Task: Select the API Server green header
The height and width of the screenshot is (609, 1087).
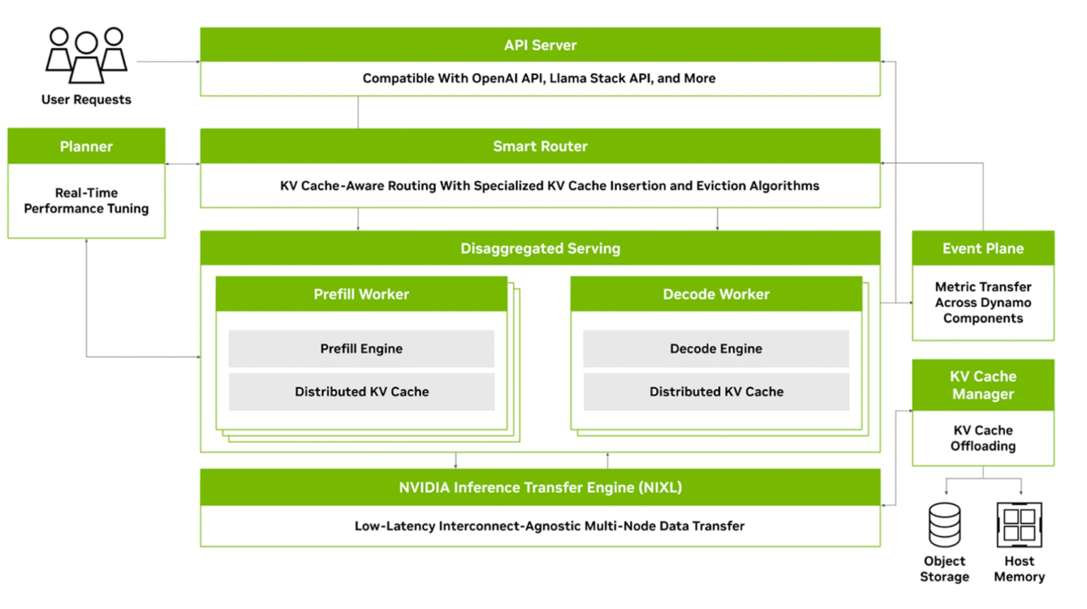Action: [540, 45]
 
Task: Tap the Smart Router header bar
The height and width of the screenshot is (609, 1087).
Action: [540, 146]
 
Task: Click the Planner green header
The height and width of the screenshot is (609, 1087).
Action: [86, 146]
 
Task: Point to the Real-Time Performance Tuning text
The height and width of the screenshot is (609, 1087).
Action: [86, 201]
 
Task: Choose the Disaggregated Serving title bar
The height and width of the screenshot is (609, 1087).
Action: [540, 248]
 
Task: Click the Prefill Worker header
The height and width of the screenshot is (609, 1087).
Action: [361, 294]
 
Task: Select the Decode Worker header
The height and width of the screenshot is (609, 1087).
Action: [715, 294]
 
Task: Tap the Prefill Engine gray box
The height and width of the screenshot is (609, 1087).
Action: [361, 349]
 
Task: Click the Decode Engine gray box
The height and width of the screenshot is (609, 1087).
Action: [715, 349]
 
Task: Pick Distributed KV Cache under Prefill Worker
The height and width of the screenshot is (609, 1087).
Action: [361, 392]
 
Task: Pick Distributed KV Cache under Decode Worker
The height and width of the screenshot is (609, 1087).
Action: [715, 392]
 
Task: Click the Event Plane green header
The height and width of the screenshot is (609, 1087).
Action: [982, 248]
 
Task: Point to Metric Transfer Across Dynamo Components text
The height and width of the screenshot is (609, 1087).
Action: [982, 303]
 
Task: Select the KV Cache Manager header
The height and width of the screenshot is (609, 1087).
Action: [982, 385]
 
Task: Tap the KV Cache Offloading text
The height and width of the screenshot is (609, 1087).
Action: [982, 438]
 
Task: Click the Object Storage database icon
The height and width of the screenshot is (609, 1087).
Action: [944, 525]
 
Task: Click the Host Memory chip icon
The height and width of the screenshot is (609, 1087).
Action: [1019, 525]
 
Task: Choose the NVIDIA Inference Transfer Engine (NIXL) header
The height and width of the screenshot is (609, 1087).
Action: [540, 487]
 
